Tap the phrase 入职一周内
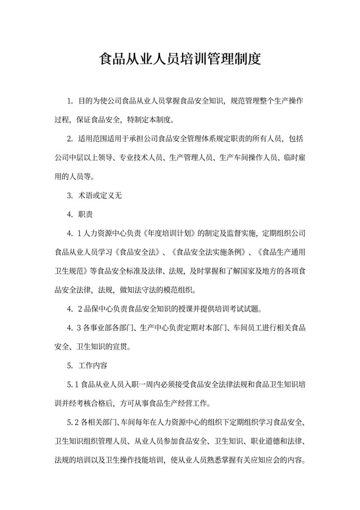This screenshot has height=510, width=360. pos(148,385)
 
